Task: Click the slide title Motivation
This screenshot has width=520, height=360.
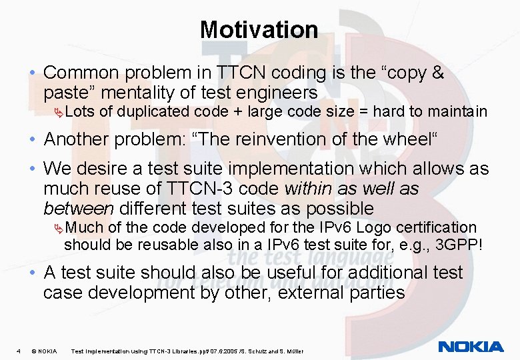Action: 259,29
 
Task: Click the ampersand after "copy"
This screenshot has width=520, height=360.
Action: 437,72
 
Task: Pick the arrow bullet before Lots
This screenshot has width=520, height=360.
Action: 59,112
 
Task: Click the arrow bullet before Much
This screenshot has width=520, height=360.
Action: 59,229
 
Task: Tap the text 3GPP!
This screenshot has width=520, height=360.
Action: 459,244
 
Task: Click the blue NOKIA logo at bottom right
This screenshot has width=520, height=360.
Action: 471,346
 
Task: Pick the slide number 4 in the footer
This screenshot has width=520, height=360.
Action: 19,351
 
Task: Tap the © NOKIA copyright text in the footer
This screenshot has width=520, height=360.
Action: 44,351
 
